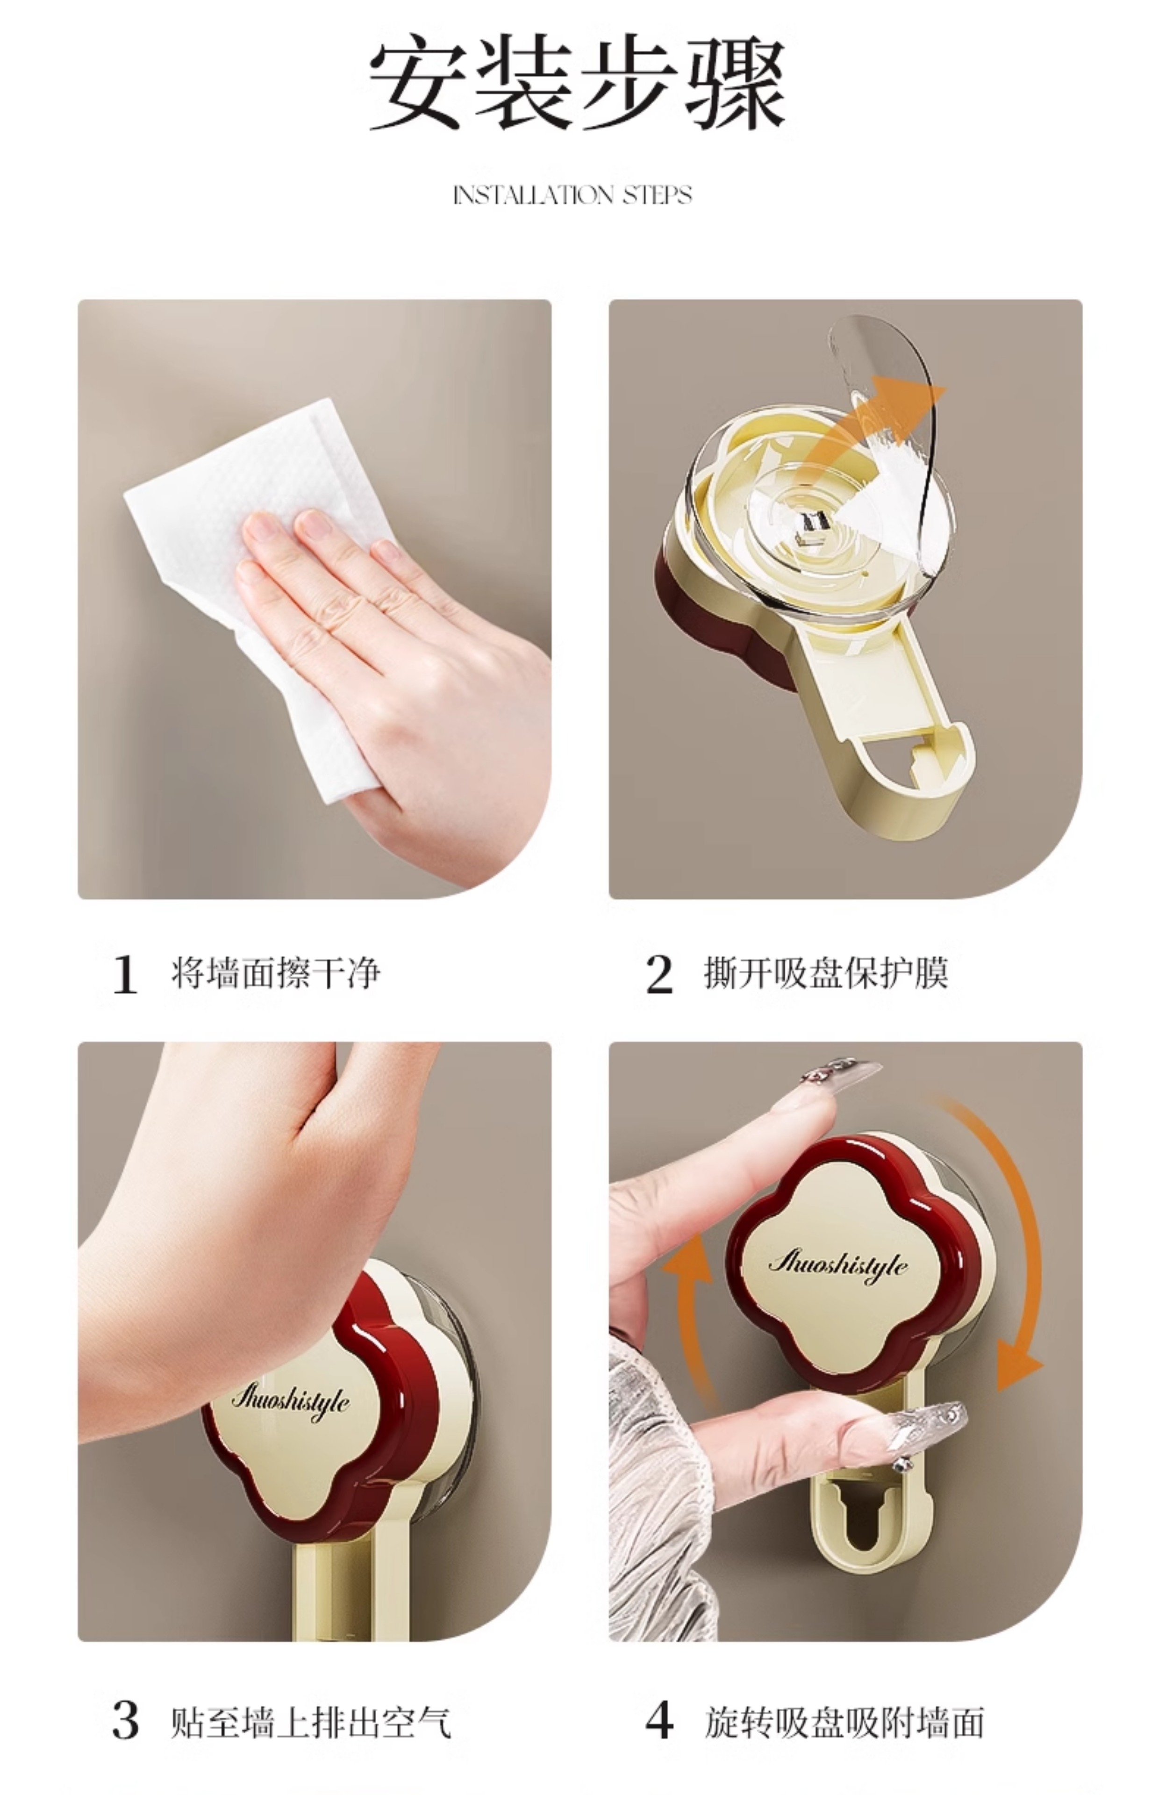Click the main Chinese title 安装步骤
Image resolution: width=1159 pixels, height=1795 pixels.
coord(578,84)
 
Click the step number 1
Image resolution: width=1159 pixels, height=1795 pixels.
coord(125,975)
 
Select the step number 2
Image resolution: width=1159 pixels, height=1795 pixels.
coord(659,975)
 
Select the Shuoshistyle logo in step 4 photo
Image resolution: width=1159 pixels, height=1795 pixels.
coord(837,1264)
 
